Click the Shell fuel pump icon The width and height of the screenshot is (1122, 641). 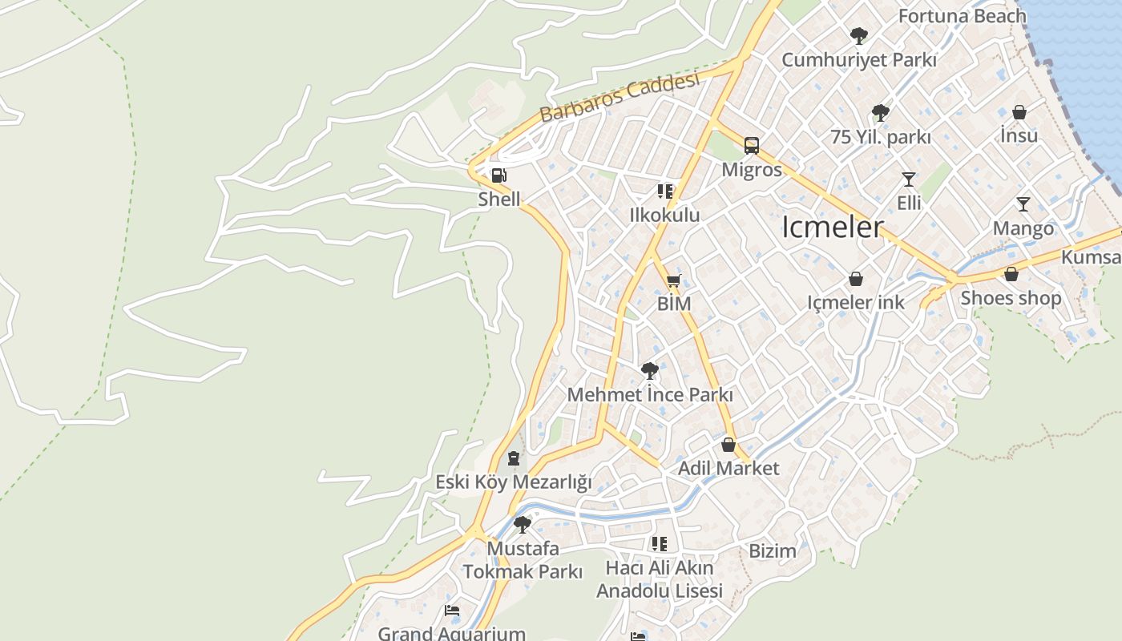pyautogui.click(x=498, y=175)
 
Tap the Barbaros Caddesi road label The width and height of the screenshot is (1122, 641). pyautogui.click(x=620, y=97)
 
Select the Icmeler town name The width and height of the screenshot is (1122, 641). pyautogui.click(x=833, y=228)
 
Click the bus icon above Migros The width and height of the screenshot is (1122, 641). pyautogui.click(x=751, y=146)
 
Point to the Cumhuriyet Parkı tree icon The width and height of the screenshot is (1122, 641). pyautogui.click(x=858, y=36)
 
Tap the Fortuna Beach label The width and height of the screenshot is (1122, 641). pyautogui.click(x=962, y=16)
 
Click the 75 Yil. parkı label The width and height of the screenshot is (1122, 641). pyautogui.click(x=881, y=137)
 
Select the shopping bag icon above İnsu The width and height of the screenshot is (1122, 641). pyautogui.click(x=1019, y=112)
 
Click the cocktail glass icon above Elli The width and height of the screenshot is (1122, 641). pyautogui.click(x=908, y=179)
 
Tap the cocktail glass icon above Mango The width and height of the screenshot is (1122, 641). pyautogui.click(x=1023, y=204)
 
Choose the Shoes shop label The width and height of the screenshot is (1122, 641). pyautogui.click(x=1011, y=298)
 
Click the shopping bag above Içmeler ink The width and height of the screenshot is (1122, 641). pyautogui.click(x=856, y=279)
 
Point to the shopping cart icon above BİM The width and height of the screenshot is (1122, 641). pyautogui.click(x=673, y=280)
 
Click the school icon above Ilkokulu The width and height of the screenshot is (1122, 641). pyautogui.click(x=664, y=191)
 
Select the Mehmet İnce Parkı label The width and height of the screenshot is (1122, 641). pyautogui.click(x=650, y=395)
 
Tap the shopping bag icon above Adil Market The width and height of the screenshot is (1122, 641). pyautogui.click(x=728, y=444)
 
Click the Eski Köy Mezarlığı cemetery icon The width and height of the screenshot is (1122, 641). pyautogui.click(x=514, y=458)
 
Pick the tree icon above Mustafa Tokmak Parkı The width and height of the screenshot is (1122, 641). pyautogui.click(x=523, y=525)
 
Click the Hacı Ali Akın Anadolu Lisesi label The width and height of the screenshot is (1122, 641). pyautogui.click(x=660, y=579)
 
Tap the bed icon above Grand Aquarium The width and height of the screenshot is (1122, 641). pyautogui.click(x=452, y=611)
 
